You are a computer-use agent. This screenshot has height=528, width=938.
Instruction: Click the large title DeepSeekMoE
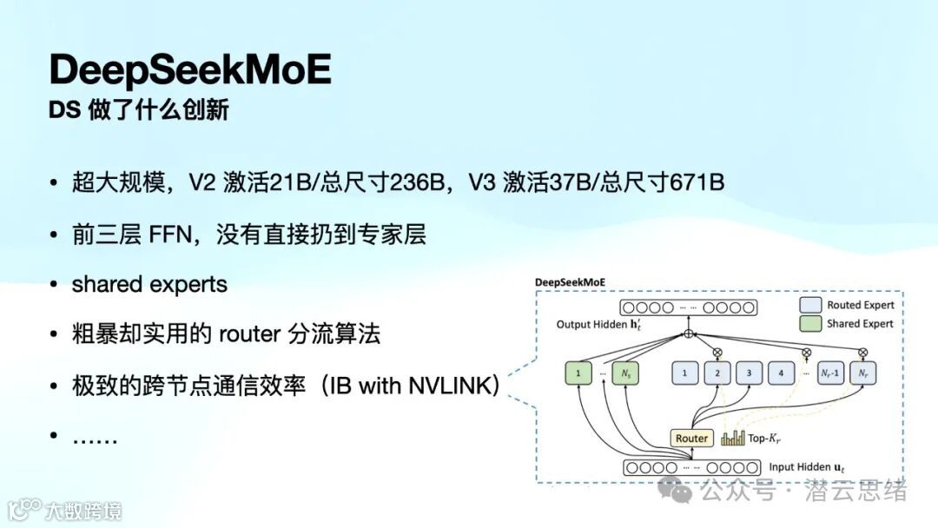tap(190, 69)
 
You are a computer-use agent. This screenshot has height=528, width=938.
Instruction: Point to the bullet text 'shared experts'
tap(149, 285)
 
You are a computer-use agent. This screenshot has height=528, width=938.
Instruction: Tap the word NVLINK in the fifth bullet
tap(449, 386)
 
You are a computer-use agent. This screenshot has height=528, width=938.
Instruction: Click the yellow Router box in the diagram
tap(691, 438)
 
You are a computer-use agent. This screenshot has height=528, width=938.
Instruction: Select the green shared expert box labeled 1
tap(578, 374)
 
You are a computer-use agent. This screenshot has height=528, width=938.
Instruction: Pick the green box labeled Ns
tap(624, 374)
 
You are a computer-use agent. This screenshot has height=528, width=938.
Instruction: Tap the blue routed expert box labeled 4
tap(782, 374)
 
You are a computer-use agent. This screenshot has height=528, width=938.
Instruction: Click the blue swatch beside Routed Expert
tap(809, 305)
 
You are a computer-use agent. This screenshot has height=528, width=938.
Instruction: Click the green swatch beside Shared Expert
tap(809, 323)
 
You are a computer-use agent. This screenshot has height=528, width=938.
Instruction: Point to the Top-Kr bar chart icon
tap(733, 438)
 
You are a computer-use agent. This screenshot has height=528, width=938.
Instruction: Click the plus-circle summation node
tap(689, 333)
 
